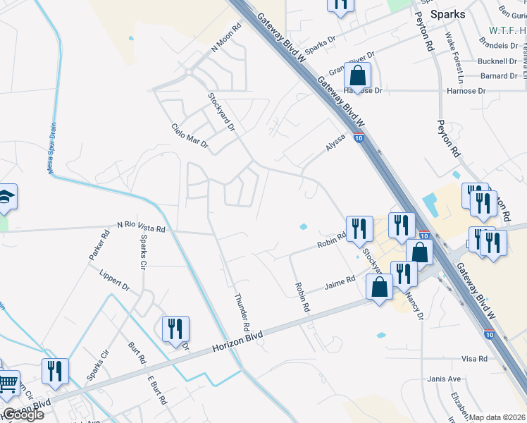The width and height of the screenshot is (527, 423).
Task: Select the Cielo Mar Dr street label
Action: pos(190,135)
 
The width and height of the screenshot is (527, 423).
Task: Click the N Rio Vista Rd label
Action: pos(141,228)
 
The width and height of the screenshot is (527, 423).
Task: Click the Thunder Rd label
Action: pos(242,312)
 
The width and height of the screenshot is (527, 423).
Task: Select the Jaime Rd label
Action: pos(339,286)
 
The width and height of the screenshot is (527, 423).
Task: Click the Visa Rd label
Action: pos(474,359)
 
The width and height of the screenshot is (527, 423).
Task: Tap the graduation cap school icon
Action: pos(6,197)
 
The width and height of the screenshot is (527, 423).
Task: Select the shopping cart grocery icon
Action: pos(8,384)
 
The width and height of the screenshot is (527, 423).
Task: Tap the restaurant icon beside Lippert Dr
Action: pos(175,329)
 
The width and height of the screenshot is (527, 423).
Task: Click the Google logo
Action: pos(23,415)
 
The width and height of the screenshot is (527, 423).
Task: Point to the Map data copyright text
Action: pos(497,417)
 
